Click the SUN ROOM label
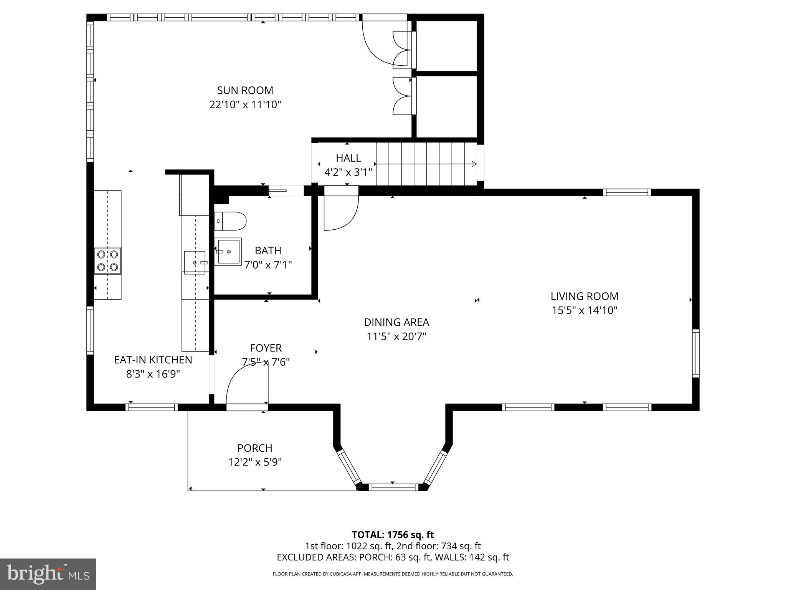[245, 91]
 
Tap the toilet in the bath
[230, 221]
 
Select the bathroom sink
[230, 252]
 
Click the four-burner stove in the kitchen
[108, 260]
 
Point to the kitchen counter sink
[195, 262]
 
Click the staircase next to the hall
[426, 164]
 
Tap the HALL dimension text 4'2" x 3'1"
[348, 172]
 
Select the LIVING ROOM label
[584, 296]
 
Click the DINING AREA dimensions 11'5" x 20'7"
[396, 336]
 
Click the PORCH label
[255, 448]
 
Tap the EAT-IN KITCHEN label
[153, 360]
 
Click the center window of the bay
[393, 487]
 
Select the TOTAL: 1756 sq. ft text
[393, 534]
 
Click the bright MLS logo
[48, 574]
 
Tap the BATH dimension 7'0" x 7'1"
[268, 265]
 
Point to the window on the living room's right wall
[695, 353]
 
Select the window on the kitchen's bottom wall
[152, 407]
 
